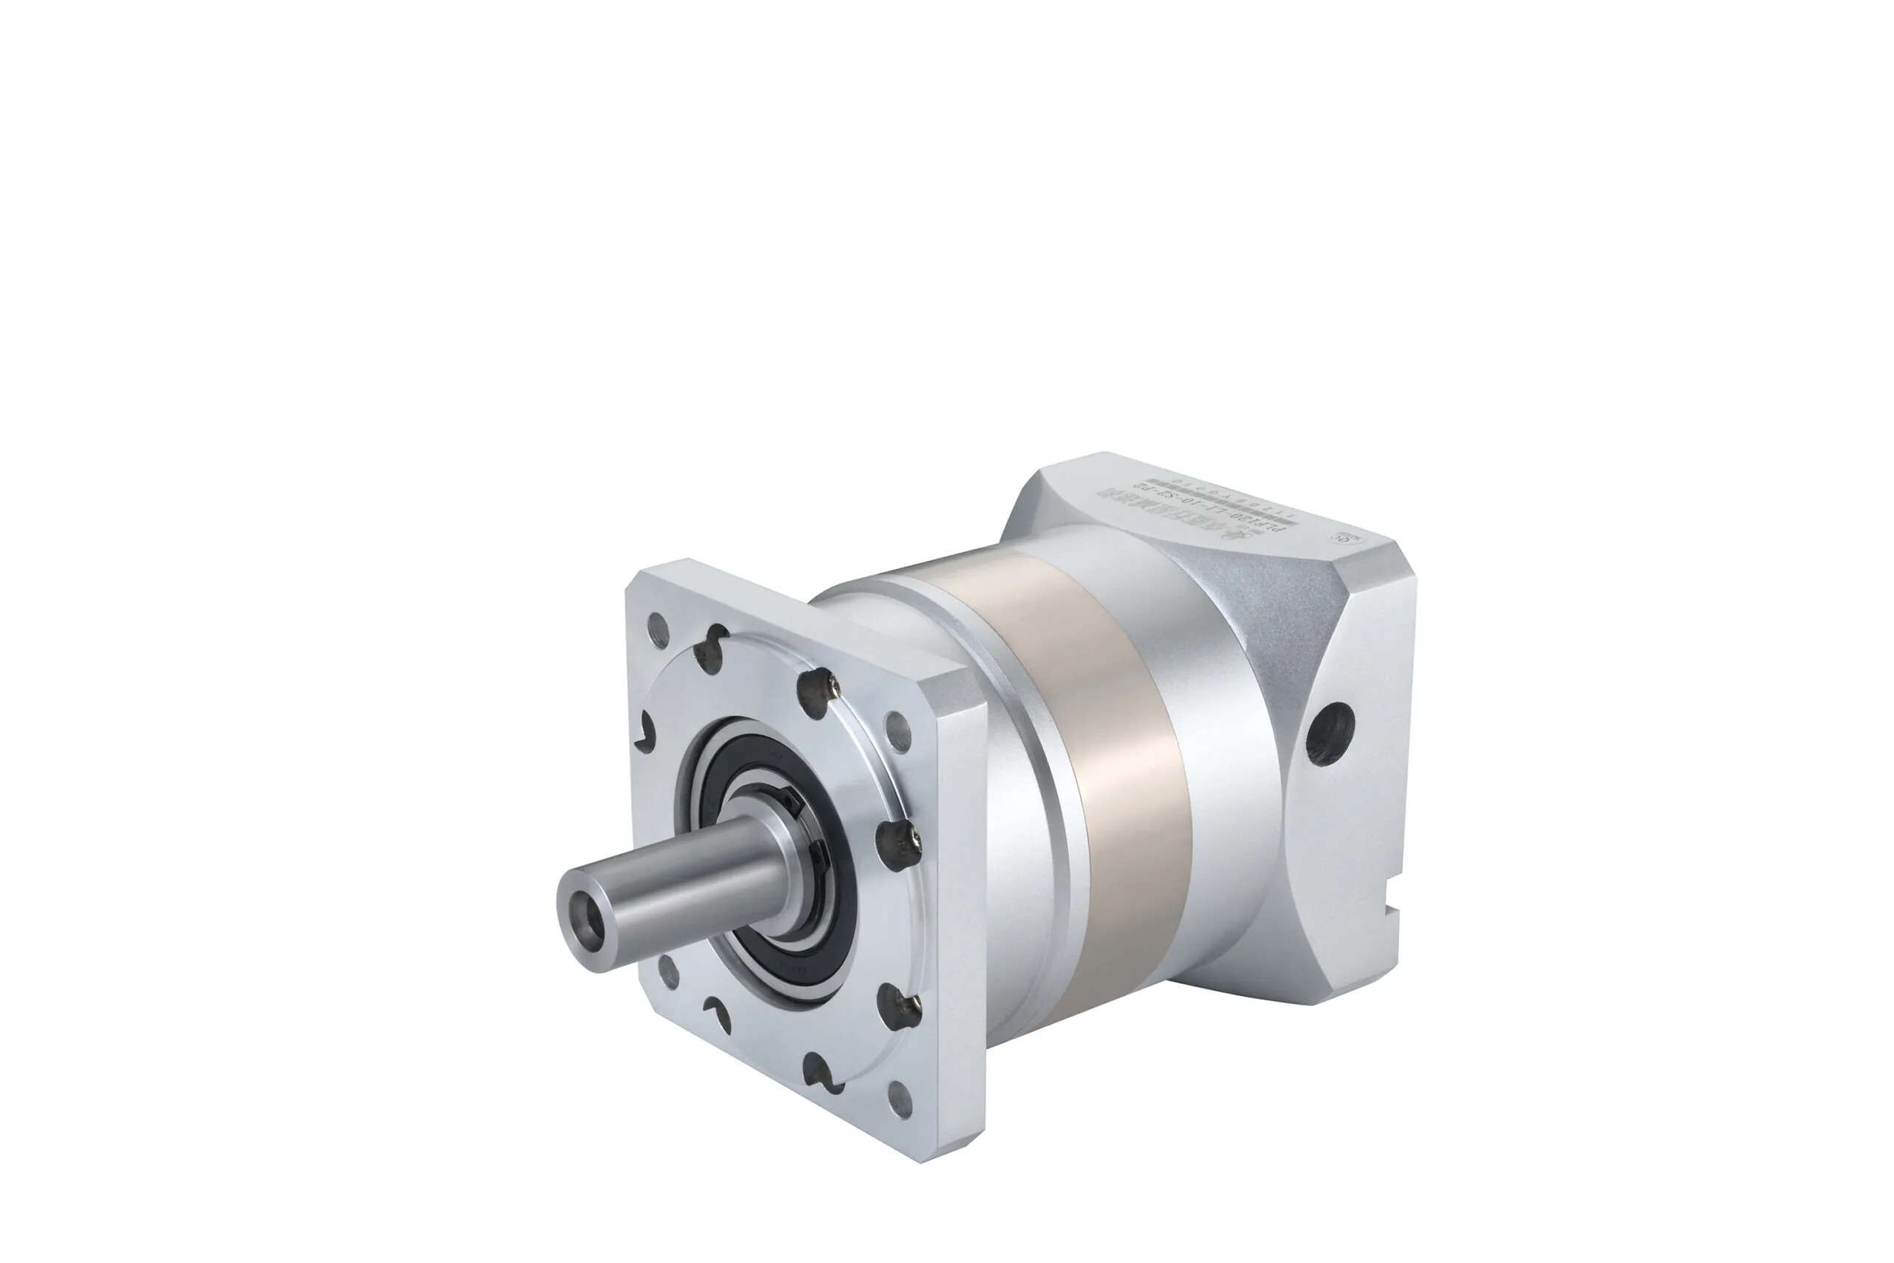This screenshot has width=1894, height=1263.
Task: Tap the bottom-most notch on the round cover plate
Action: coord(818,1071)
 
